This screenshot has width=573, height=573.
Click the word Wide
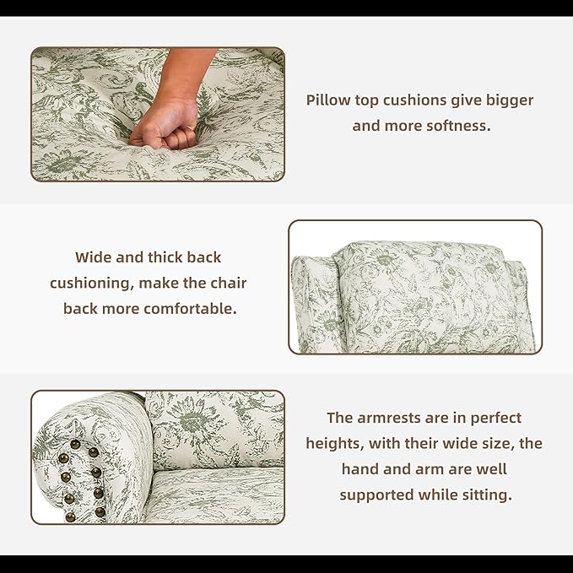[93, 257]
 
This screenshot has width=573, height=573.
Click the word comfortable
[190, 309]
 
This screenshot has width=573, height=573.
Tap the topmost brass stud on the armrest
[75, 445]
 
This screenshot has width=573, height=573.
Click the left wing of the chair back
[314, 303]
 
